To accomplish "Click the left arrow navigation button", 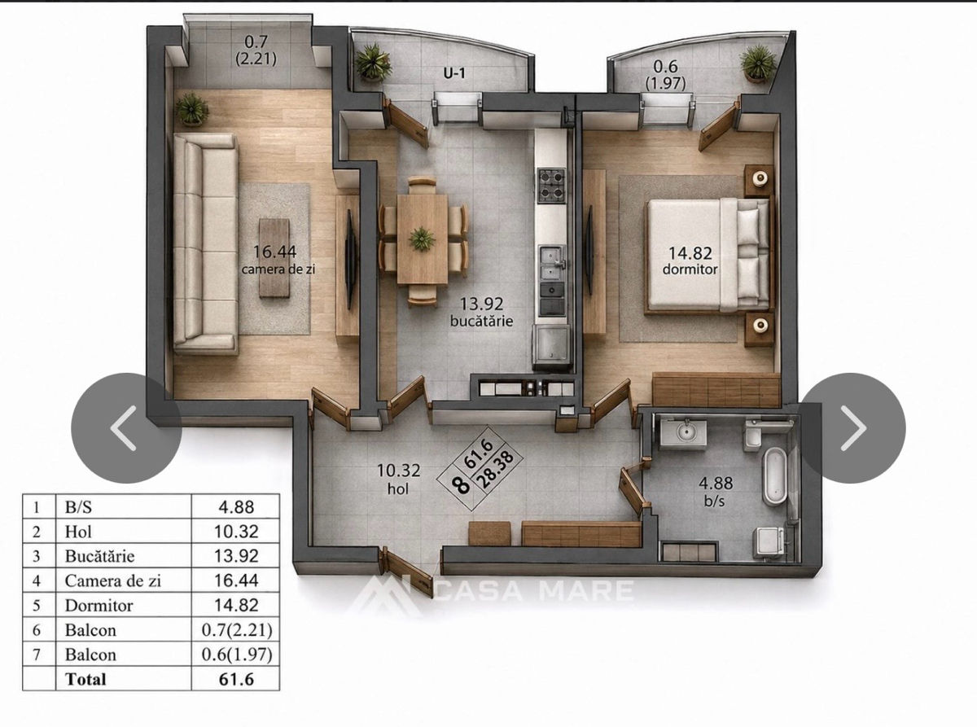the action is point(126,428).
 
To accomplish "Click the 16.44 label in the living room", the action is point(274,252).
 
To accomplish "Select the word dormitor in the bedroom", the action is point(690,269).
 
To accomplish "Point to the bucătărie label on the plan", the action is point(481,321).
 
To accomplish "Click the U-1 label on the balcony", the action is point(454,73).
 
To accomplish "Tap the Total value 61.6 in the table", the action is point(236,679).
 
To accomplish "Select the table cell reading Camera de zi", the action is point(113,580).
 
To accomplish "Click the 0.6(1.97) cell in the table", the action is point(237,655).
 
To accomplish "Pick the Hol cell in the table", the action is point(78,532).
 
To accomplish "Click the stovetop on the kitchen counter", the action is point(551,185).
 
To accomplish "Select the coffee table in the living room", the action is point(274,258).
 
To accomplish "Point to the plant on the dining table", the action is point(422,239).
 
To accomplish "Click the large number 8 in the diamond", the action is point(460,484).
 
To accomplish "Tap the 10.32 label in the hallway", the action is point(399,471).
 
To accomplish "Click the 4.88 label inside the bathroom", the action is point(716,484).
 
